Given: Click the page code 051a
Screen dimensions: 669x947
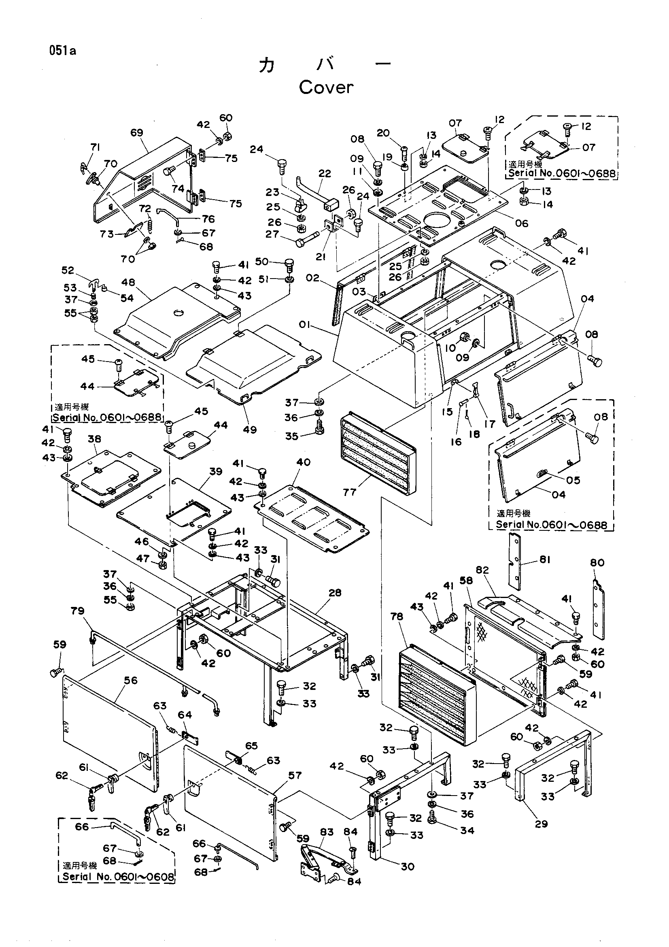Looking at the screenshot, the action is click(x=63, y=51).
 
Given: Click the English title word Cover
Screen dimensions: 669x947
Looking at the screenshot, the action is click(x=326, y=87).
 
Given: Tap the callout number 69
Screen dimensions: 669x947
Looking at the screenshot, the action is click(x=136, y=132).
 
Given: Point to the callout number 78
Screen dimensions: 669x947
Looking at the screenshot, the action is click(x=397, y=616).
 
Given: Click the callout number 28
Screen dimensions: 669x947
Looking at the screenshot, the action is click(x=335, y=593).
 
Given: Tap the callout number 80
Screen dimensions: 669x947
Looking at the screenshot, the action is click(x=597, y=563).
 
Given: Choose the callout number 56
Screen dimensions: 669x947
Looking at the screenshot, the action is click(x=131, y=680).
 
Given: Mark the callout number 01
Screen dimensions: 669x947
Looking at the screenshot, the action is click(x=305, y=325).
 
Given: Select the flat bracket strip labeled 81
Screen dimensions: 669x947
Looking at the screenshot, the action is click(x=514, y=561).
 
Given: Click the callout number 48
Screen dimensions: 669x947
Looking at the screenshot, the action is click(x=128, y=282).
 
